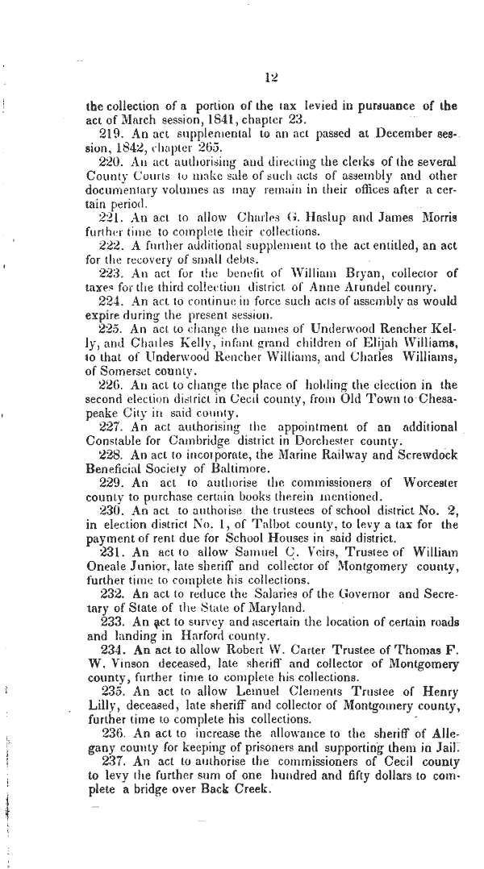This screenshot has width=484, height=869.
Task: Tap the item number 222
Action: (111, 246)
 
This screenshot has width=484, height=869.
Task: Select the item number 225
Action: (111, 324)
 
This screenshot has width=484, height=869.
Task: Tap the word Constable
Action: (113, 439)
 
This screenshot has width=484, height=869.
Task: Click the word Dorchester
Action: (327, 439)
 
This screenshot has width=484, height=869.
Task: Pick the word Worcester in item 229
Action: (427, 484)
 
